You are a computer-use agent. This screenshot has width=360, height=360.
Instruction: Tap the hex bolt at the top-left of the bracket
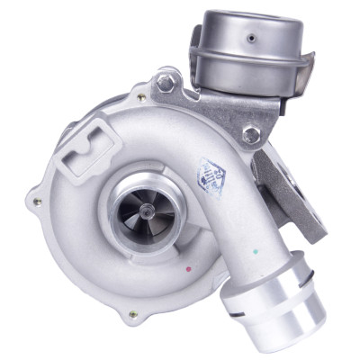pyautogui.click(x=166, y=84)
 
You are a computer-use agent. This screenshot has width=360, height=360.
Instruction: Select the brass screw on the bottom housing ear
pyautogui.click(x=133, y=314)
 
